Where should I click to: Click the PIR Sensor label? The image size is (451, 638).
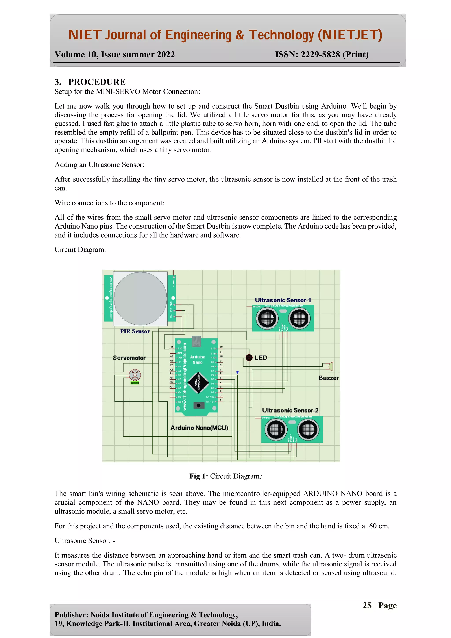click(135, 331)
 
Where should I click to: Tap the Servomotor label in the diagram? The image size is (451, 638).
click(129, 358)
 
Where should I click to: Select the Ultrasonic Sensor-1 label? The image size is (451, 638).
click(283, 300)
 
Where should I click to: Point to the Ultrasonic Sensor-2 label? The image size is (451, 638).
click(290, 410)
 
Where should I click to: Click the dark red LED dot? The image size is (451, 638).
click(249, 358)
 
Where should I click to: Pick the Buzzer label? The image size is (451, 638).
click(329, 378)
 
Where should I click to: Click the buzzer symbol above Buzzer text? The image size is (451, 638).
click(330, 366)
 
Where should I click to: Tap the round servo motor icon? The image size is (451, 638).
click(135, 375)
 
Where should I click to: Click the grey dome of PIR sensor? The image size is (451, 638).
click(140, 299)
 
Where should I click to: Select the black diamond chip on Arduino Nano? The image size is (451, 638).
click(198, 383)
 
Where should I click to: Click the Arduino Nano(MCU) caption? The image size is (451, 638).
click(199, 428)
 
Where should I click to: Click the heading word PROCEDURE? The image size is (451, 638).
click(97, 82)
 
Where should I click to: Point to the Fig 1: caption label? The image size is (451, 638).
click(198, 476)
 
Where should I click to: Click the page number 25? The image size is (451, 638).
click(367, 605)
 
